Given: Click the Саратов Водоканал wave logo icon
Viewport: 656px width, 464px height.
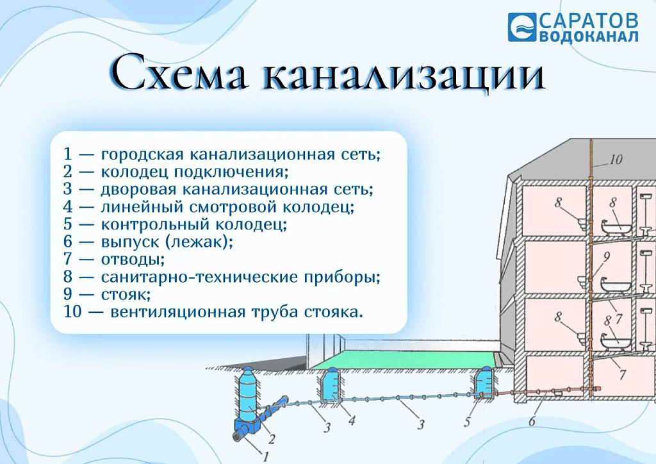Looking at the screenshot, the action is [521, 27].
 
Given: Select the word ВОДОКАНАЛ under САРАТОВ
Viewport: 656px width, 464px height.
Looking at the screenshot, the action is [589, 37].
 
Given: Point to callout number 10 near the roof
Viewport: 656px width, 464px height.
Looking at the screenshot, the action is [616, 160].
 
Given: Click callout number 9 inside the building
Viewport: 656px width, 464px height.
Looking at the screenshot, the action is [607, 256].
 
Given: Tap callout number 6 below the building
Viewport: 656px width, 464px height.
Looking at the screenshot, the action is [532, 421].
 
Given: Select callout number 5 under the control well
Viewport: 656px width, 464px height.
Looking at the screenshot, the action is [467, 422].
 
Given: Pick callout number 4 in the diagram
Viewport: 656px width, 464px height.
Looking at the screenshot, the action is [352, 420].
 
